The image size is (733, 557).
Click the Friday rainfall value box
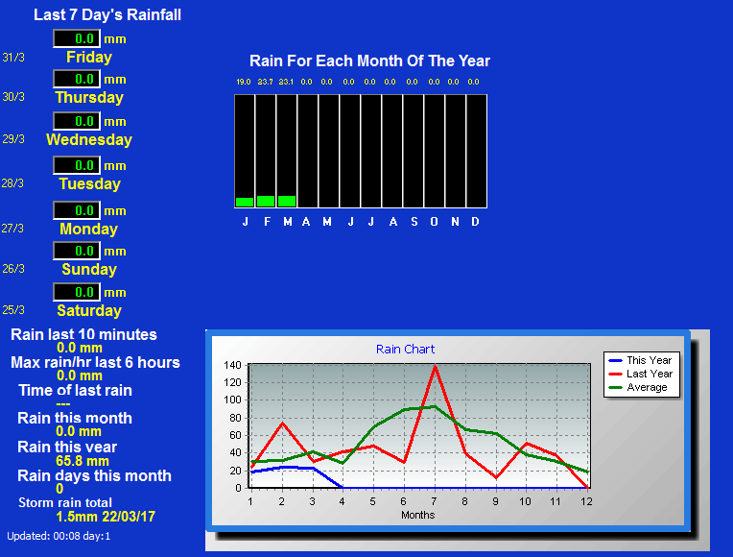[x=77, y=38]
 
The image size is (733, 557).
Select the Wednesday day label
[x=89, y=139]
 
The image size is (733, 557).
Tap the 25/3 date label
[x=13, y=310]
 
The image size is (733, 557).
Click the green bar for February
[x=266, y=202]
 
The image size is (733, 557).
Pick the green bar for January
[x=245, y=203]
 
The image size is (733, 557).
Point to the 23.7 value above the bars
[x=265, y=82]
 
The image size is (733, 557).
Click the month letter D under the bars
[x=475, y=222]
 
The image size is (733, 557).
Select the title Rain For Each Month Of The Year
[x=369, y=61]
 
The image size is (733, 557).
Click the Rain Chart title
[x=405, y=350]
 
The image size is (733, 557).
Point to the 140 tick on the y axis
[x=232, y=365]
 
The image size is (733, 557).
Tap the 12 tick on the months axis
[x=586, y=501]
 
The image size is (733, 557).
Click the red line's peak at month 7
[x=435, y=367]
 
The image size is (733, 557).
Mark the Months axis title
[x=418, y=515]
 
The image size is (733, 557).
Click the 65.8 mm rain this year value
[x=83, y=461]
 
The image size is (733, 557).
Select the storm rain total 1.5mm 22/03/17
[x=106, y=517]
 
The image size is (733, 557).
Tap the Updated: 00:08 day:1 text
[x=59, y=536]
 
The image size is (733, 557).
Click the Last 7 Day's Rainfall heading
[x=107, y=15]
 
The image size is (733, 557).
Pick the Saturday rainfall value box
[x=77, y=292]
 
